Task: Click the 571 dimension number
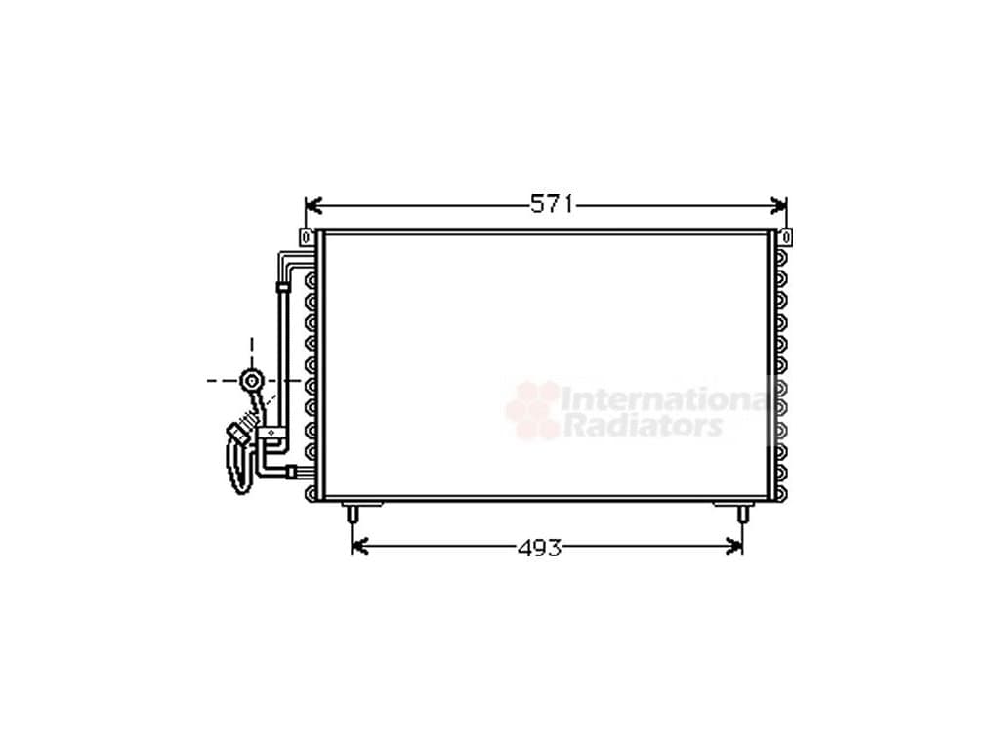coord(553,205)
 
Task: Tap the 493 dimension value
coord(539,547)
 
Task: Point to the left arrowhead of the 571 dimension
coord(313,205)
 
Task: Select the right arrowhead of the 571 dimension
coord(779,205)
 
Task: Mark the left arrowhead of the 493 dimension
coord(360,547)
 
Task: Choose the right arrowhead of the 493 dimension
coord(734,547)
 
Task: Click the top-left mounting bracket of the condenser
coord(307,237)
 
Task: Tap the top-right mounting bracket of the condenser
coord(786,237)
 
